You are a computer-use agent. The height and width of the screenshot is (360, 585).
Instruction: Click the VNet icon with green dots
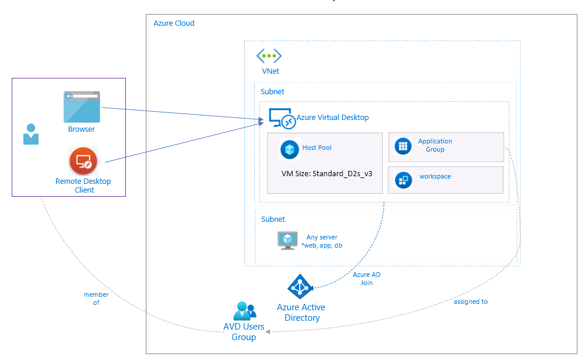(269, 56)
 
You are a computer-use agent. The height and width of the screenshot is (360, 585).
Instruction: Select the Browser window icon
(82, 106)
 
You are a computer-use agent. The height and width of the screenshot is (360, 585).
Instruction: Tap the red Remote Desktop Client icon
(84, 162)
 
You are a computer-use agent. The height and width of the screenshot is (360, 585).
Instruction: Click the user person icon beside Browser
(30, 134)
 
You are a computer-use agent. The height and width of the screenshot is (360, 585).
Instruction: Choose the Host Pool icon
(290, 149)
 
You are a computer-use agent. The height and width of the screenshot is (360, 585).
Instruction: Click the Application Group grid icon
(402, 146)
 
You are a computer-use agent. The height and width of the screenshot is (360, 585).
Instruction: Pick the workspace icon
(403, 180)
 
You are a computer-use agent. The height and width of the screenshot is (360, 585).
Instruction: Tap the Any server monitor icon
(288, 241)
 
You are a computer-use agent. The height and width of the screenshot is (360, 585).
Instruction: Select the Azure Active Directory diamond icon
(301, 287)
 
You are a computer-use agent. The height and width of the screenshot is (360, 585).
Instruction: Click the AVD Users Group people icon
(244, 310)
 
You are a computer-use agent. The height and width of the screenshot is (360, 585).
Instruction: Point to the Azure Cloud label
(174, 23)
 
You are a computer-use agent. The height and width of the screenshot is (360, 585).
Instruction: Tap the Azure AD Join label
(367, 279)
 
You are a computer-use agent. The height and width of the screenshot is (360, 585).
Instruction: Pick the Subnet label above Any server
(273, 220)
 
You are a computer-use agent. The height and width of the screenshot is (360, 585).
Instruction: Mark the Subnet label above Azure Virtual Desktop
(272, 92)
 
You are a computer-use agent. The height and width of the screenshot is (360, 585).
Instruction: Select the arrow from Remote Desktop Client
(182, 142)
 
